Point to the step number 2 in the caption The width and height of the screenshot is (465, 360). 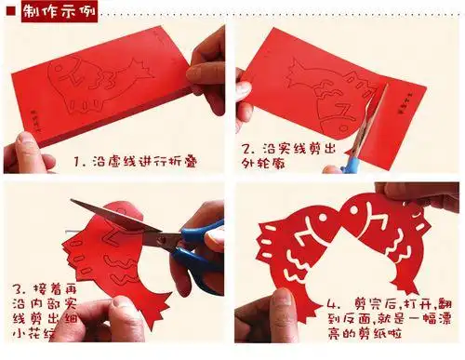point(247,149)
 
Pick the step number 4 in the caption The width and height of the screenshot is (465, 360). point(333,304)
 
